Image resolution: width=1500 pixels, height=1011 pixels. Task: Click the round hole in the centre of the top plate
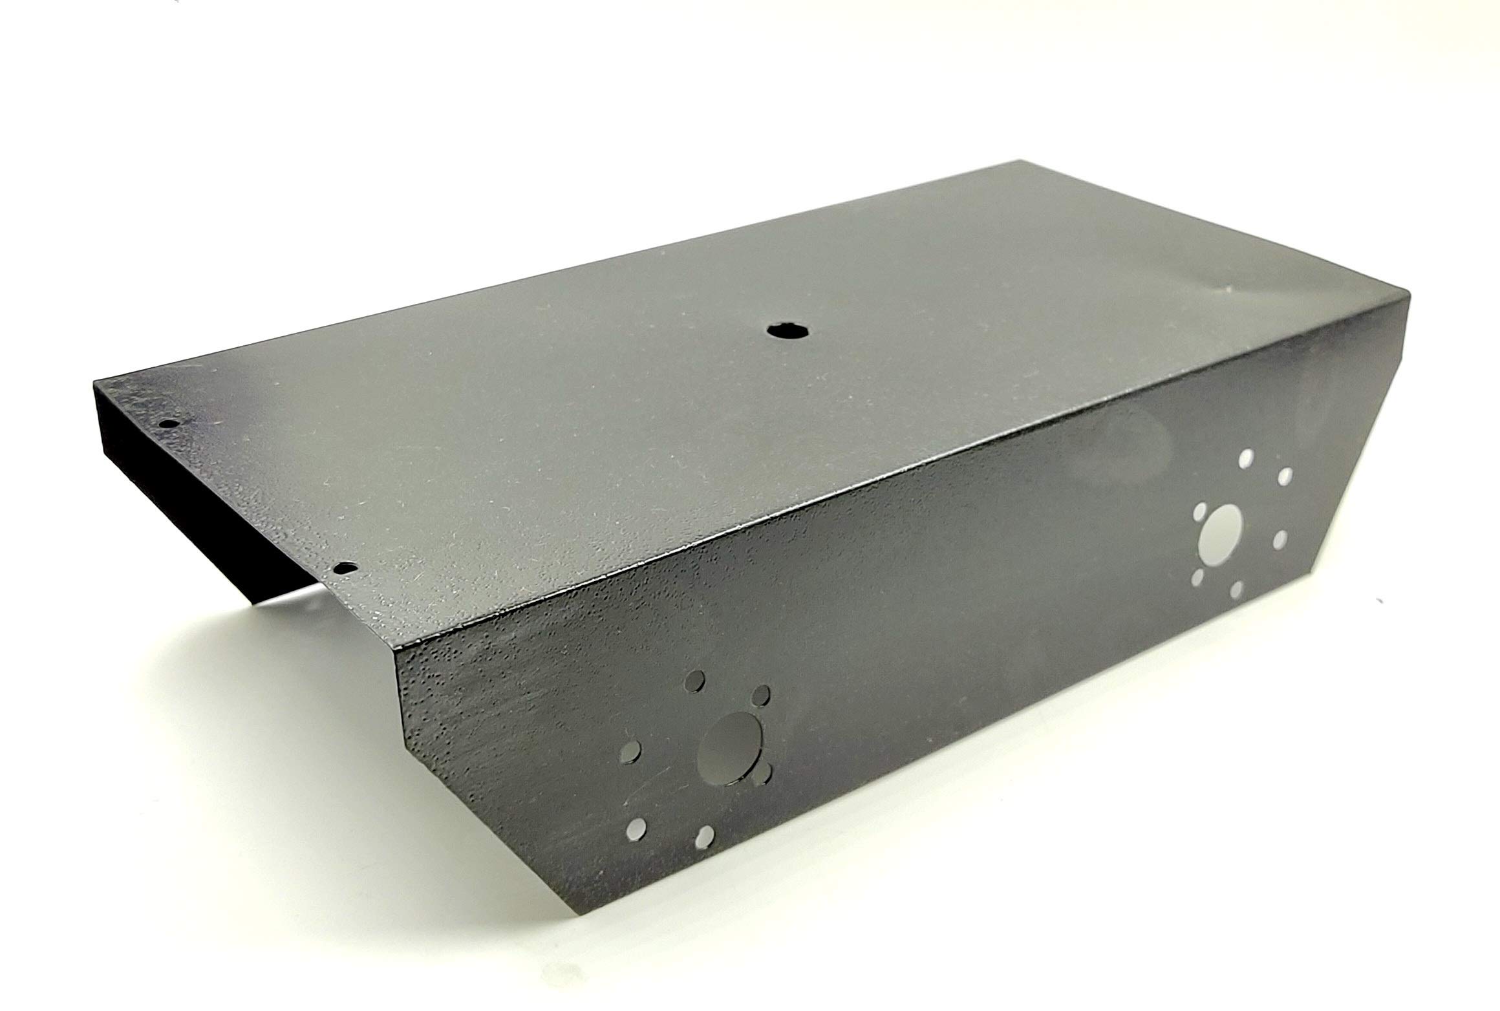pos(784,330)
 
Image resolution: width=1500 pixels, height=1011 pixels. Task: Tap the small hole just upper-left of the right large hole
pos(1201,513)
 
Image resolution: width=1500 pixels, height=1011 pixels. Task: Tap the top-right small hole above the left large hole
pos(762,694)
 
